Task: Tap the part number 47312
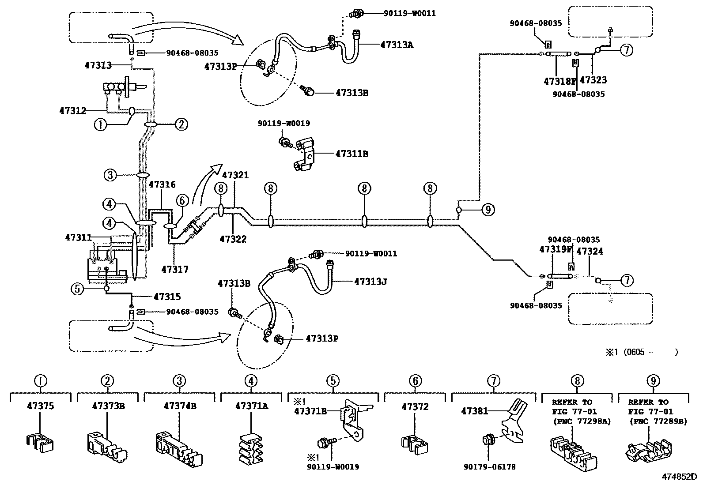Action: (73, 110)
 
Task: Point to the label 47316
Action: (162, 184)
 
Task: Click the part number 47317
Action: (175, 269)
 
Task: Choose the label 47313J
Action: (370, 281)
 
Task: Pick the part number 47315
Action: (167, 297)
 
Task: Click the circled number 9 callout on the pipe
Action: (488, 210)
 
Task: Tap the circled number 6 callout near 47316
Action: (182, 200)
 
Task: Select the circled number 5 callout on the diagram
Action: (77, 289)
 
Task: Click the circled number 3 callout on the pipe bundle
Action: (110, 175)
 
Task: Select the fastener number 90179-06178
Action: (490, 467)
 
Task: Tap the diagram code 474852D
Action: (679, 477)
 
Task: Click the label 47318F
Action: (560, 81)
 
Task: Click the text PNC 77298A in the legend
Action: (582, 421)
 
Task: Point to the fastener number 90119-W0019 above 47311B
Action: (284, 124)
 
